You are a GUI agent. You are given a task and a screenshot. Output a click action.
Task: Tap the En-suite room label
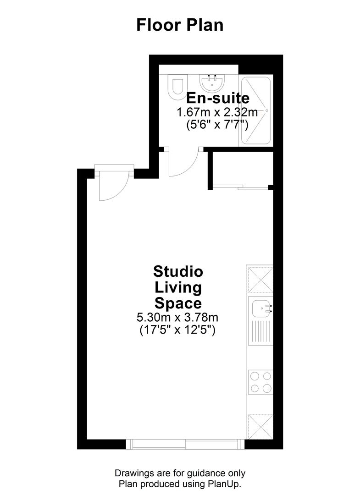coord(218,98)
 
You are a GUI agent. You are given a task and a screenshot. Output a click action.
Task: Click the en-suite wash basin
coord(212,82)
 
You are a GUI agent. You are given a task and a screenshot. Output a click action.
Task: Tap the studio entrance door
coord(111,186)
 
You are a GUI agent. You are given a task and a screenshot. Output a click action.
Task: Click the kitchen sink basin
coord(260,308)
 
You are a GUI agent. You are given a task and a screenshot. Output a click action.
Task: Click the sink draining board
coord(260,332)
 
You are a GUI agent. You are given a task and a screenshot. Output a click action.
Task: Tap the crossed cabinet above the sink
coord(260,279)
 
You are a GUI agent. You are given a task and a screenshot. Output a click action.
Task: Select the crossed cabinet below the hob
coord(260,427)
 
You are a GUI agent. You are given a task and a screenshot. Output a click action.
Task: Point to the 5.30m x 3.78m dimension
coord(177,317)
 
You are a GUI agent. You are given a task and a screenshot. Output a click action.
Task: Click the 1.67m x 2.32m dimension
coord(217,112)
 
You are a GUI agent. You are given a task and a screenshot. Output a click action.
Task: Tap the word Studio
coord(178,271)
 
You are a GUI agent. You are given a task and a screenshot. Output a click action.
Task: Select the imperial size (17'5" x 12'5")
coord(177,330)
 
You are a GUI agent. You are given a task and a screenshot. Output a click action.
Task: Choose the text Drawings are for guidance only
coord(180,473)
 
